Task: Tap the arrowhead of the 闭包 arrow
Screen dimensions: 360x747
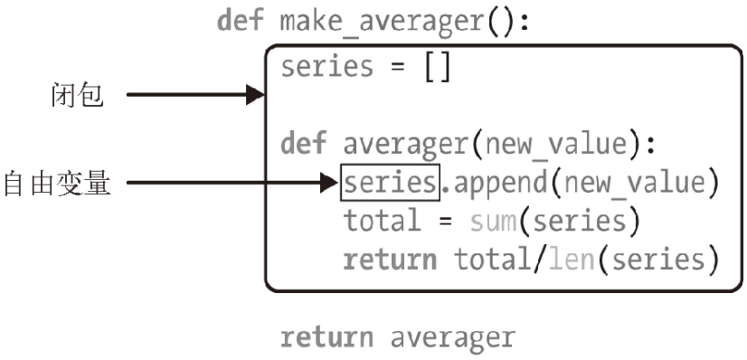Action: (254, 94)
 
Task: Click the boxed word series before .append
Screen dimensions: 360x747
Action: (390, 184)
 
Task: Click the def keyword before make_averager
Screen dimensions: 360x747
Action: (241, 22)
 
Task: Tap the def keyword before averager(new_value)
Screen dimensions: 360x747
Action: (303, 144)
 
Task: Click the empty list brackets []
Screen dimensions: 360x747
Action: (437, 68)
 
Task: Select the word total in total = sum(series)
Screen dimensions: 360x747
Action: (383, 222)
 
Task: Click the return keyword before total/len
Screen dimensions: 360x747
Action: (390, 261)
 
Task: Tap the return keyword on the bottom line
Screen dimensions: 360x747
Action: (326, 337)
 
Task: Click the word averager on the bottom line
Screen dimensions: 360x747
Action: (453, 337)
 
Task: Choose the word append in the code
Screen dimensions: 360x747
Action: (496, 184)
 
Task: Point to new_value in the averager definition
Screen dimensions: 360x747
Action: (558, 144)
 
